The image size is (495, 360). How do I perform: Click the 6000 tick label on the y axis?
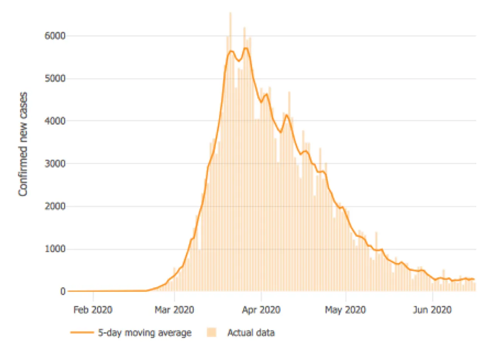55,36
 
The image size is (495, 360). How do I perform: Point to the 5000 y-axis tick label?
55,79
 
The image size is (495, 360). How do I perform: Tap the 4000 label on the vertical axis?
55,121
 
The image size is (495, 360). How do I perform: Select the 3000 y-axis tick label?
55,164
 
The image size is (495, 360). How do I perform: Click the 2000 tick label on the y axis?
55,206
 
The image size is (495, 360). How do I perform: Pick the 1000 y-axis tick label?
55,249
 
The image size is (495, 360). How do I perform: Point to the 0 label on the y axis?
63,291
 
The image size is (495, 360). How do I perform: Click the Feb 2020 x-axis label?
93,310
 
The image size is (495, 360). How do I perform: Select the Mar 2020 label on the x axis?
174,310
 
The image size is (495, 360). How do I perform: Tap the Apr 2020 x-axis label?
261,310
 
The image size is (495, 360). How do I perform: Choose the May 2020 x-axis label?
346,310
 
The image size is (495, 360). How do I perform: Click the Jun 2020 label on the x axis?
432,310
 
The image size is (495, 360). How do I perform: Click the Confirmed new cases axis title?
23,144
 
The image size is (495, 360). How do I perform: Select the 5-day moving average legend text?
145,333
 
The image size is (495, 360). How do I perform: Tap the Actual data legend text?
251,333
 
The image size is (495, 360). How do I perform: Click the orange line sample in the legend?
82,333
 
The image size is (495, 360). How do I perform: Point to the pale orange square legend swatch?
212,333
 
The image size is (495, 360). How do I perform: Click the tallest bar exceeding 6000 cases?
230,152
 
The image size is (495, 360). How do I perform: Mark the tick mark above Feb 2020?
93,296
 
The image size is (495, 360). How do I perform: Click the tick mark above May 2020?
346,296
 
